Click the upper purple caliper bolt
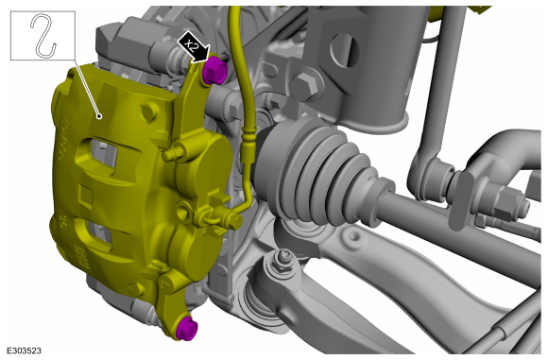click(x=214, y=71)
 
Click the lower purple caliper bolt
click(x=187, y=329)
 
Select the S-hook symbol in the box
click(x=43, y=35)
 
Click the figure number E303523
click(x=24, y=351)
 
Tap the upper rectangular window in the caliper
click(x=102, y=153)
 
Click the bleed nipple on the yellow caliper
click(x=172, y=153)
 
